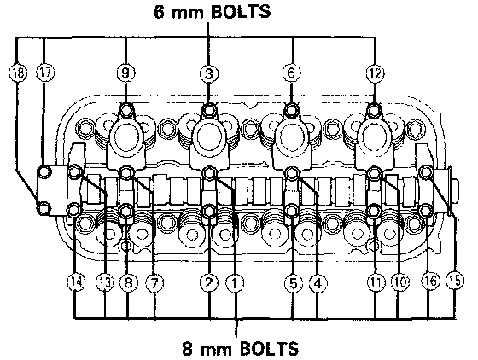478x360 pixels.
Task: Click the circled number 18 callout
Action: pos(18,73)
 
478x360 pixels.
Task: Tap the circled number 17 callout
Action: pos(45,73)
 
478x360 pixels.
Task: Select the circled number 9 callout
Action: pos(125,73)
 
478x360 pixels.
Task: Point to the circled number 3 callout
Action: pos(209,73)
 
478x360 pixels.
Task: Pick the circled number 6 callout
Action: pos(292,73)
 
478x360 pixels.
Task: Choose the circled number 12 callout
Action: pos(375,73)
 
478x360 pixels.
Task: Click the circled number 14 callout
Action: pos(76,282)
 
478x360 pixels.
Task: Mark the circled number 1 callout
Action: pos(235,283)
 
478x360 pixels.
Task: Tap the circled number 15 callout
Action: pos(455,281)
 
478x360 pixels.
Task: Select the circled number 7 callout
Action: pos(154,283)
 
